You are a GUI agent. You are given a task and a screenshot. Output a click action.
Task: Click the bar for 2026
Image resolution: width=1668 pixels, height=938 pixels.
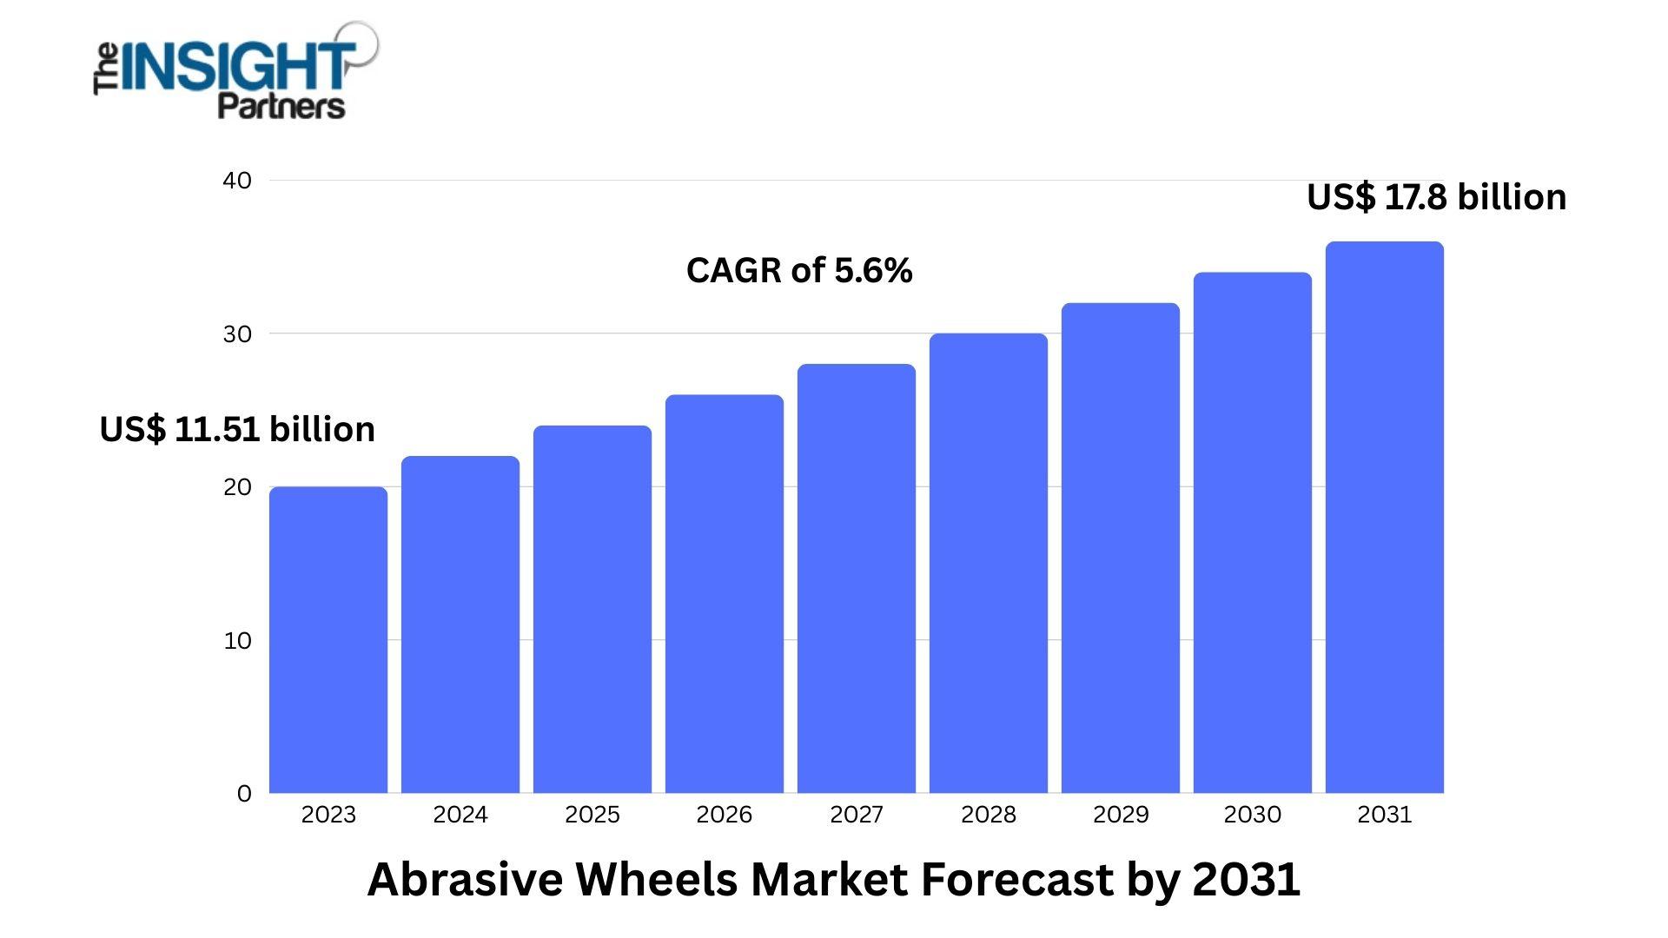click(x=725, y=594)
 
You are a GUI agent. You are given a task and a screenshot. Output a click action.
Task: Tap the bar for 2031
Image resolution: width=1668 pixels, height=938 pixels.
click(x=1385, y=518)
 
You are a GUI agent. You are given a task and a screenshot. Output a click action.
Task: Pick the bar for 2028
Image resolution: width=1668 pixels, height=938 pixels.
click(x=989, y=564)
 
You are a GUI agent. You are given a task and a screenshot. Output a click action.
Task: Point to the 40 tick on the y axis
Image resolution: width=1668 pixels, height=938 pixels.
click(x=237, y=181)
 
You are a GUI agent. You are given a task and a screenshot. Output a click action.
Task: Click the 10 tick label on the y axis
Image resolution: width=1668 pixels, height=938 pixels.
click(x=237, y=641)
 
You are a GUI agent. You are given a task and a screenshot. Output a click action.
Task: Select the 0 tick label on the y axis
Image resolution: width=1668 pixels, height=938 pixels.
click(x=244, y=794)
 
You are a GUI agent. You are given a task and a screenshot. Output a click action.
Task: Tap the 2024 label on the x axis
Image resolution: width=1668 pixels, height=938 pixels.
click(x=460, y=815)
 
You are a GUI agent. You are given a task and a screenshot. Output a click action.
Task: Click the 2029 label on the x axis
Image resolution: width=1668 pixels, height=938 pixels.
click(x=1121, y=815)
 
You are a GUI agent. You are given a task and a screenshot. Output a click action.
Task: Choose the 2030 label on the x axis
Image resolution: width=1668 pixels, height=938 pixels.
click(x=1252, y=815)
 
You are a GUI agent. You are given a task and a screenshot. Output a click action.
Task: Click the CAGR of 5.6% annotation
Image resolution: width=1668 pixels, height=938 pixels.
click(x=799, y=271)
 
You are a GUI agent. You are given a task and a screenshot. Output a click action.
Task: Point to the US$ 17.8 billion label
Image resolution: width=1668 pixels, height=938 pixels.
click(x=1436, y=197)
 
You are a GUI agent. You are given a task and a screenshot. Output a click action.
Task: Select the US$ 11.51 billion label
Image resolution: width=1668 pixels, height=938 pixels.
click(x=237, y=429)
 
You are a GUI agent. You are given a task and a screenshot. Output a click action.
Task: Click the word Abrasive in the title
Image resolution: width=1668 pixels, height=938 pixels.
click(x=465, y=879)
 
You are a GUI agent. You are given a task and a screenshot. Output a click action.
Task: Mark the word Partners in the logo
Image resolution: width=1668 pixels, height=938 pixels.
click(x=281, y=106)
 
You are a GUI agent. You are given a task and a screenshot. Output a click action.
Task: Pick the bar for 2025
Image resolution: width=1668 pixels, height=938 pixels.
click(x=592, y=610)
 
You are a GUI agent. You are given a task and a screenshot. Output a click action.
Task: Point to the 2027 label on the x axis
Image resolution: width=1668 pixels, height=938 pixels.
click(x=857, y=815)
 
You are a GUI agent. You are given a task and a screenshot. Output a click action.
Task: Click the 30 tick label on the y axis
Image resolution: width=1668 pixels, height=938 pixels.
click(x=237, y=334)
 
